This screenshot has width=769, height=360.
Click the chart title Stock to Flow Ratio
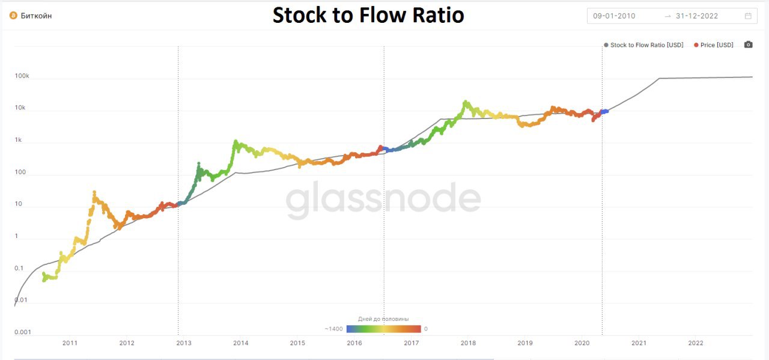pyautogui.click(x=368, y=15)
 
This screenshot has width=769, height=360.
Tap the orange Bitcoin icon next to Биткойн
pyautogui.click(x=13, y=16)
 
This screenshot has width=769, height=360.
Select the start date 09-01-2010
pyautogui.click(x=614, y=16)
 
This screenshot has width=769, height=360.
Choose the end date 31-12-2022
pyautogui.click(x=697, y=16)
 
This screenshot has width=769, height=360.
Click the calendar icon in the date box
pyautogui.click(x=748, y=16)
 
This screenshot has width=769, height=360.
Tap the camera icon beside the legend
pyautogui.click(x=748, y=45)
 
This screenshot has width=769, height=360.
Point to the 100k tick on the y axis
pyautogui.click(x=22, y=77)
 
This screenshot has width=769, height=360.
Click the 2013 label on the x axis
pyautogui.click(x=184, y=343)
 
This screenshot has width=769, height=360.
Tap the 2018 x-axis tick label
pyautogui.click(x=469, y=343)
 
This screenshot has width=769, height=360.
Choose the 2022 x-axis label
pyautogui.click(x=696, y=343)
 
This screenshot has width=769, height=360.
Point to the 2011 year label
pyautogui.click(x=70, y=343)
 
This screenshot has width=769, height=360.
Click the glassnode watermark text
pyautogui.click(x=383, y=200)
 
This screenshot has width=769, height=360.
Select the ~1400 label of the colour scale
pyautogui.click(x=334, y=329)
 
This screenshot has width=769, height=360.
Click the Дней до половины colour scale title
pyautogui.click(x=383, y=319)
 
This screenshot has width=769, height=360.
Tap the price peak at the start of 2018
pyautogui.click(x=465, y=103)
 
